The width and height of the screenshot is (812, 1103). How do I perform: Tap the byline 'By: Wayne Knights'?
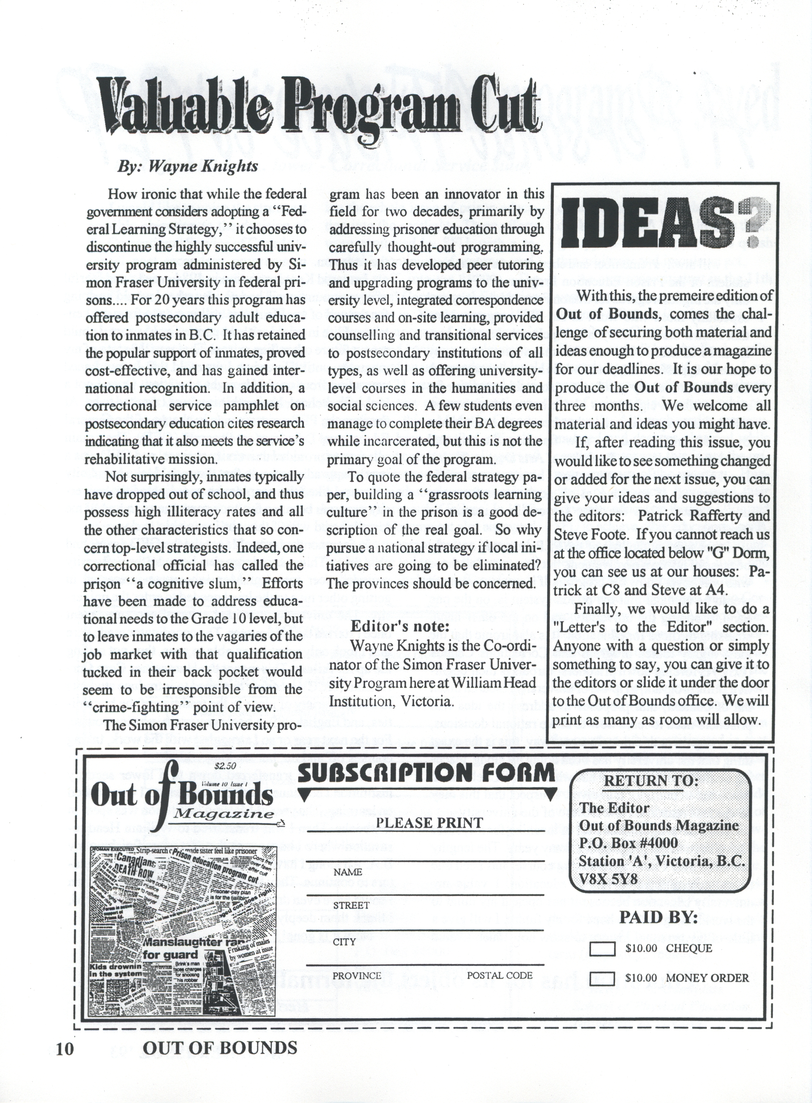click(187, 166)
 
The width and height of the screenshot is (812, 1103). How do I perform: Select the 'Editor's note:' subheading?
click(400, 626)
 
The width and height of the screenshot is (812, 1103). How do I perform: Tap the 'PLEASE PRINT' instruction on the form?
click(429, 823)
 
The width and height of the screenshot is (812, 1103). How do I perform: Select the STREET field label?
click(351, 905)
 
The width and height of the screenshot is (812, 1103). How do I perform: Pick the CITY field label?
click(344, 942)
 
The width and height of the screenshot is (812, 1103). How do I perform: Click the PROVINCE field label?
click(357, 975)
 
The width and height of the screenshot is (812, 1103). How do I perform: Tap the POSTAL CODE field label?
click(499, 975)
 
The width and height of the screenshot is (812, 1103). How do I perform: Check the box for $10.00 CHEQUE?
click(602, 948)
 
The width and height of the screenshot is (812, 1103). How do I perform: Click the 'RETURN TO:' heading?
click(650, 780)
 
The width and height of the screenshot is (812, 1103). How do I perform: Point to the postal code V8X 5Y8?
click(608, 879)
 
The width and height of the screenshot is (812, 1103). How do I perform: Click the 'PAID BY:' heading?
click(658, 917)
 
